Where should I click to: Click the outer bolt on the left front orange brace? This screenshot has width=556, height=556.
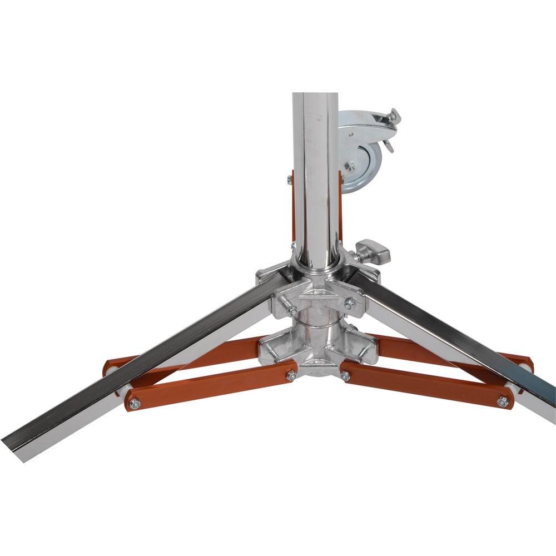pos(133,403)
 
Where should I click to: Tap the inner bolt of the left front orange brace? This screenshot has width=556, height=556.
pos(290,376)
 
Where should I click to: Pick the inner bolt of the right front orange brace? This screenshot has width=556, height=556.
pos(345,376)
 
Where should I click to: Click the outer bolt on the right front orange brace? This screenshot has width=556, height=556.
pos(503,401)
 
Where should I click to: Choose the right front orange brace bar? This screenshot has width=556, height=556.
pos(425,388)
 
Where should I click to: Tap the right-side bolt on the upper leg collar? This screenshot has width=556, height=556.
pos(349,303)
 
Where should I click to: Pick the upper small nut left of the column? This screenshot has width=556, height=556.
pos(289,179)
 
